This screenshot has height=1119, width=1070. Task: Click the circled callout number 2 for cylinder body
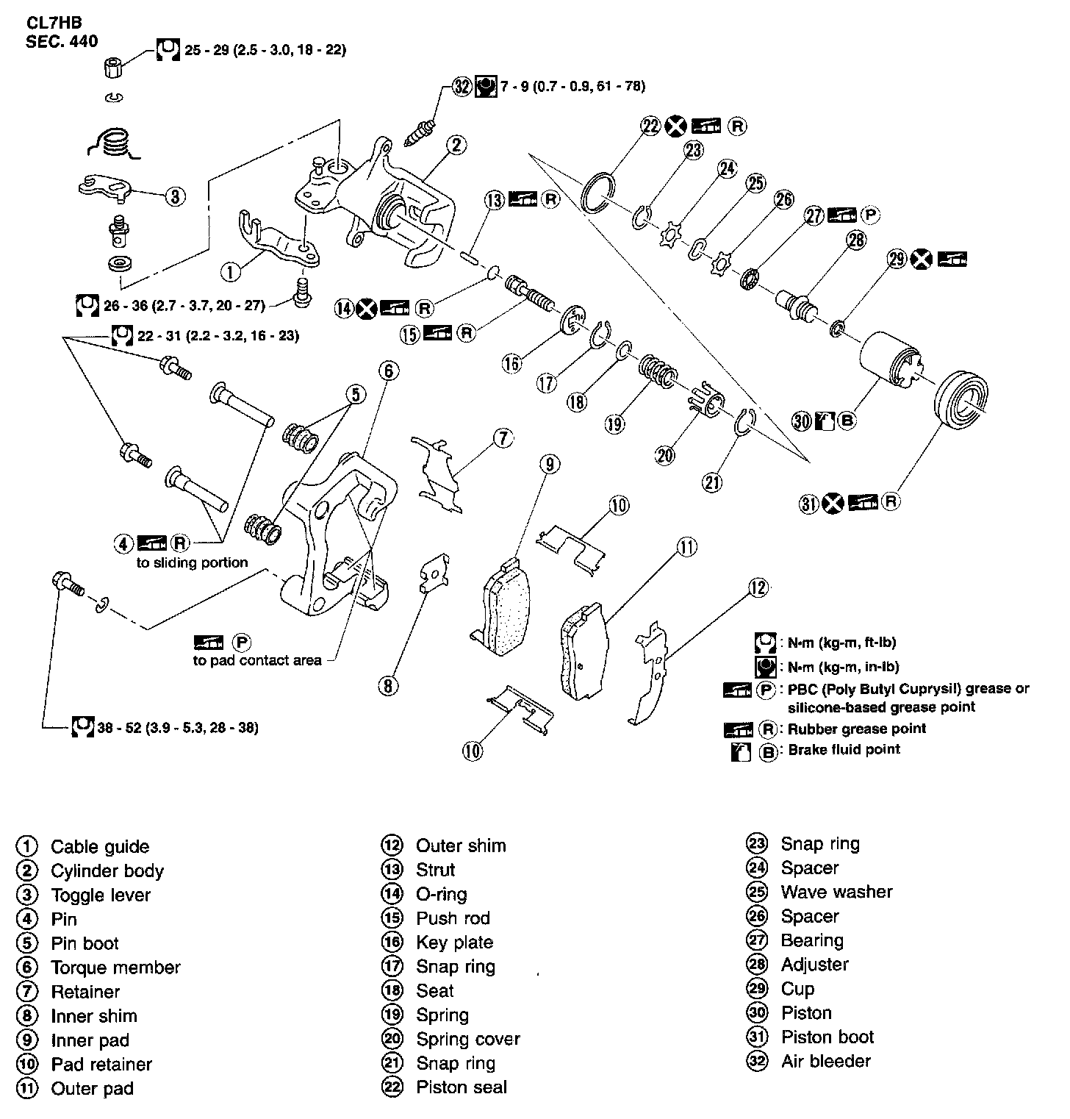[456, 145]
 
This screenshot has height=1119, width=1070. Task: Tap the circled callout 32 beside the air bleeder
[462, 87]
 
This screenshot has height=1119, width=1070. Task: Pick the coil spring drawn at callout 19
[657, 371]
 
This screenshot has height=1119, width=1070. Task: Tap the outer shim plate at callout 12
[653, 670]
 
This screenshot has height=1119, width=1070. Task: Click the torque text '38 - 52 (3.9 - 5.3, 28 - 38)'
[178, 728]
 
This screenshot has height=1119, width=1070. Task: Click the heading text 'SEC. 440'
[62, 41]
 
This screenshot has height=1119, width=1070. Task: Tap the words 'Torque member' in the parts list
[115, 968]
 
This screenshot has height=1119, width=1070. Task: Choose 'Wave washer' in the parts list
[837, 892]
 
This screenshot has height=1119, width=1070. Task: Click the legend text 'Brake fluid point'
[844, 750]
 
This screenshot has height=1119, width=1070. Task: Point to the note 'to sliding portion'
[192, 563]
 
